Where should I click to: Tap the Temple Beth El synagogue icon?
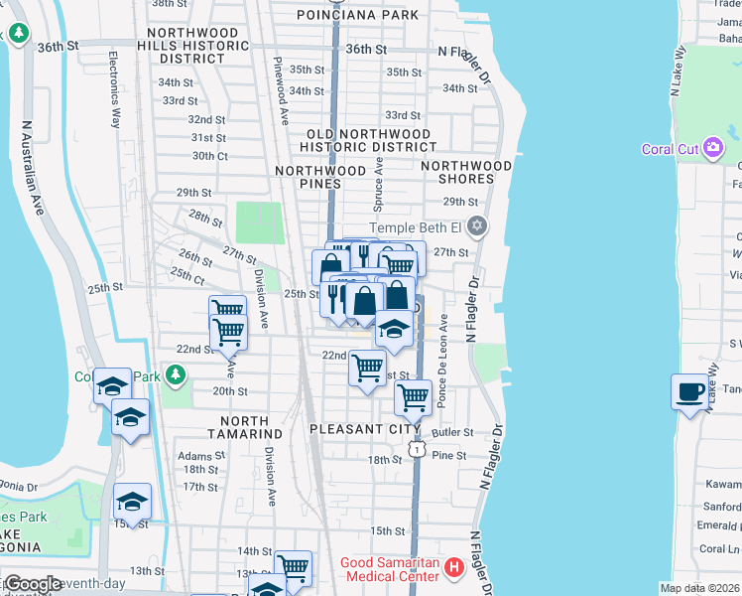(x=477, y=226)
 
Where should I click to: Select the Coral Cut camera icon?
(x=712, y=149)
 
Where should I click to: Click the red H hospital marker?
(x=454, y=569)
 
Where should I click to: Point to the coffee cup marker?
(x=689, y=390)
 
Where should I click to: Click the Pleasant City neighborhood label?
(x=366, y=430)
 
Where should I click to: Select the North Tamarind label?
(x=246, y=434)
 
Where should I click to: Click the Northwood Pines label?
(x=320, y=178)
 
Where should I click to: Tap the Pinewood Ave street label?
(x=282, y=89)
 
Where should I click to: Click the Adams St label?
(x=195, y=456)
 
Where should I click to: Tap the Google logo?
(x=33, y=583)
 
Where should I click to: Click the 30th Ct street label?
(x=210, y=156)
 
